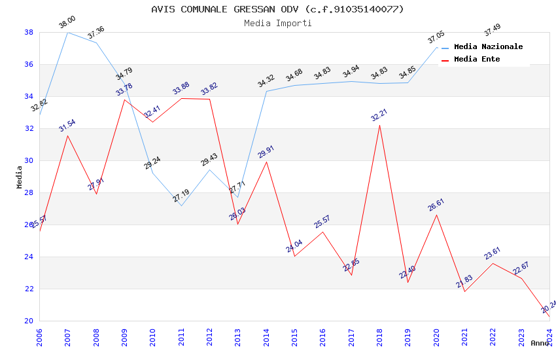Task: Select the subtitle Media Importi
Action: (x=277, y=23)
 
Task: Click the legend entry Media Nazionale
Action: (x=488, y=47)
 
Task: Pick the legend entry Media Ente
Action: (x=477, y=60)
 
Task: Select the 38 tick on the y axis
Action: (x=29, y=32)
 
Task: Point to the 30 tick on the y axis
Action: (x=29, y=160)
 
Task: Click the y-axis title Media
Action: (x=20, y=177)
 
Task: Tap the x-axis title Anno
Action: (x=540, y=343)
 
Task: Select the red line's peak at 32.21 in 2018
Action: (x=379, y=125)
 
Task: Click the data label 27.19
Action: (x=181, y=195)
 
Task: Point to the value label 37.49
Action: (x=492, y=30)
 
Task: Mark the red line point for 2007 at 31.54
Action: (x=68, y=135)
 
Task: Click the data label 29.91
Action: (x=266, y=152)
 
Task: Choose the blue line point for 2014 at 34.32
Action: (x=266, y=91)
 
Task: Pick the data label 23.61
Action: (x=493, y=253)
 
